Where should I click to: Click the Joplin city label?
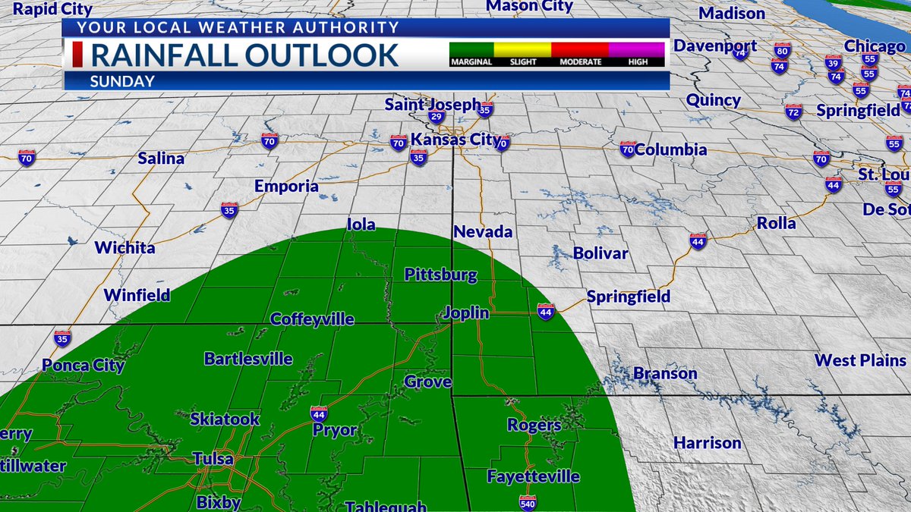[468, 312]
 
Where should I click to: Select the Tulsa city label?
[213, 460]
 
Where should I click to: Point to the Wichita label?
[125, 248]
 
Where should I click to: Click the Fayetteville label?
[533, 477]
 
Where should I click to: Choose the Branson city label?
[664, 373]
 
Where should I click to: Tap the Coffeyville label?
[312, 319]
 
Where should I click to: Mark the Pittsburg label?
[440, 275]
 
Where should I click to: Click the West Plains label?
[860, 360]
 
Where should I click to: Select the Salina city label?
[161, 159]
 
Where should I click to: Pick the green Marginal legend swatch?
[471, 49]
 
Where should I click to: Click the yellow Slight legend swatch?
[522, 49]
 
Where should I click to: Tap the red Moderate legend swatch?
[580, 49]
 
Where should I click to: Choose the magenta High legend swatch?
[638, 49]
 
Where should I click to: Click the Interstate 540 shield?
[528, 502]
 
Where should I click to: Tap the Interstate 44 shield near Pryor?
[319, 413]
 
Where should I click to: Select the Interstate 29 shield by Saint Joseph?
[436, 116]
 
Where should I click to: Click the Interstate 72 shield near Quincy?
[793, 112]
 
